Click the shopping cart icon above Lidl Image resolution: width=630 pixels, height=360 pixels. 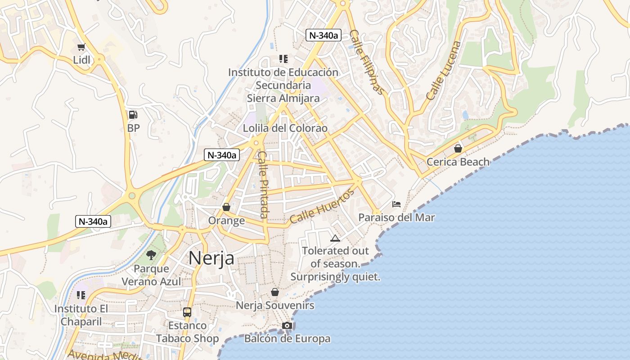tap(81, 47)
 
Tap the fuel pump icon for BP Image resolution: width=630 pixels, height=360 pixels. tap(133, 115)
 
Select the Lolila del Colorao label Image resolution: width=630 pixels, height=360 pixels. tap(285, 128)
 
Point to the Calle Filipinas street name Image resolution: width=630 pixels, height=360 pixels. tap(368, 62)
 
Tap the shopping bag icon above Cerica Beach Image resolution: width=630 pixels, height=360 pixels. tap(458, 148)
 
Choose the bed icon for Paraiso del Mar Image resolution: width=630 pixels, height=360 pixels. tap(396, 204)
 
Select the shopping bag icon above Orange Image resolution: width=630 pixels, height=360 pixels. tap(226, 207)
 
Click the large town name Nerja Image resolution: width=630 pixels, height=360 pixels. tap(211, 258)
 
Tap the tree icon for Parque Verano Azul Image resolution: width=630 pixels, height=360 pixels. tap(151, 256)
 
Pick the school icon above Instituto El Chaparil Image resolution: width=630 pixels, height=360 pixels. tap(81, 295)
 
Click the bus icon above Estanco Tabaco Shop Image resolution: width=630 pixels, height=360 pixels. tap(187, 312)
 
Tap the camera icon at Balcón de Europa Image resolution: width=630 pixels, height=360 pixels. tap(287, 325)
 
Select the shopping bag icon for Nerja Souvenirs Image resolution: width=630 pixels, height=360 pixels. tap(275, 292)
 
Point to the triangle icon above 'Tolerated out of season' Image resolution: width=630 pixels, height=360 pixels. tap(335, 238)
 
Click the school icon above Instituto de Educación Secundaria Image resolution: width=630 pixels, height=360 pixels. tap(283, 58)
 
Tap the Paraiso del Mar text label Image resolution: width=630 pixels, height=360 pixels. tap(396, 218)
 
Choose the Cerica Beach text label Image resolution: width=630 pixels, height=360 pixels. tap(458, 162)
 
